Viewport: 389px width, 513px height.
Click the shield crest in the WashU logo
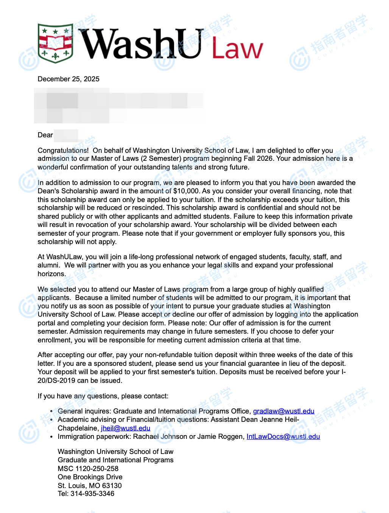55,44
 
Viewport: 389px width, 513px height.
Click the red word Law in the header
237,48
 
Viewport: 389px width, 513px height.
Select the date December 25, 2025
68,79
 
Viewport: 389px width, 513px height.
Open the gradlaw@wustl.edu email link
283,411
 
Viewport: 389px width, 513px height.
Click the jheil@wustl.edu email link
126,428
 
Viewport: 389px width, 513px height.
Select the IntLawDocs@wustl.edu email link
283,437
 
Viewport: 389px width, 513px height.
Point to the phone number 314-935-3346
92,494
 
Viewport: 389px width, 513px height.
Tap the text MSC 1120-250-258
88,469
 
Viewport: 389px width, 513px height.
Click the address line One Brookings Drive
90,477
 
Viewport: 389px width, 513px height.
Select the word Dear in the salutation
45,135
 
